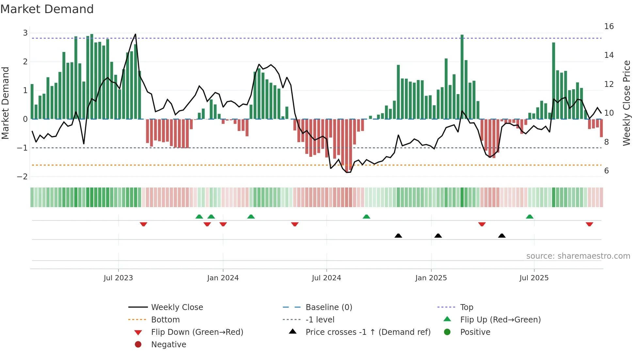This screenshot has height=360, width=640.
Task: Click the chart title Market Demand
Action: tap(47, 9)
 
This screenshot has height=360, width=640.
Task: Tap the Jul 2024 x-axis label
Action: tap(326, 278)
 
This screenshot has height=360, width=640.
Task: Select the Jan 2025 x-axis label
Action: tap(431, 278)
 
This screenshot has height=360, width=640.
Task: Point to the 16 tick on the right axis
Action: tap(609, 26)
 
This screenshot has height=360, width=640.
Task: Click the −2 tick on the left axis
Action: tap(23, 177)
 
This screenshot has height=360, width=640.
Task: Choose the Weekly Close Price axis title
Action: tap(626, 103)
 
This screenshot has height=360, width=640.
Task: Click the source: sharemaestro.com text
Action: tap(578, 256)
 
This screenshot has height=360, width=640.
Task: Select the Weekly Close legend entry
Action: tap(177, 307)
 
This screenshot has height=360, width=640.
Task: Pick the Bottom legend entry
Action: tap(165, 320)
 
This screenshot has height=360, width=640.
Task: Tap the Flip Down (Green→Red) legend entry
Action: tap(197, 332)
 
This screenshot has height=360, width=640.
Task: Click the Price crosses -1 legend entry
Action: tap(368, 332)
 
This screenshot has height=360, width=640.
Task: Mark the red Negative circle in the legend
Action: tap(138, 345)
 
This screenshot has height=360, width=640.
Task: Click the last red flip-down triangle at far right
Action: tap(589, 224)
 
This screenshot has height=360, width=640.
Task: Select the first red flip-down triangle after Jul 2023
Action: tap(143, 224)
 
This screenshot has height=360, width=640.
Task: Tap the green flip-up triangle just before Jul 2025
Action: tap(530, 217)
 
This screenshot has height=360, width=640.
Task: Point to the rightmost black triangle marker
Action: tap(502, 236)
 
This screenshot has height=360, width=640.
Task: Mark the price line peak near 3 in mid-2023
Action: tap(136, 34)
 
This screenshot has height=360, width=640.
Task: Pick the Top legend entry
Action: tap(467, 307)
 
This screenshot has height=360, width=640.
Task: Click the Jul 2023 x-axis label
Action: tap(118, 278)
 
